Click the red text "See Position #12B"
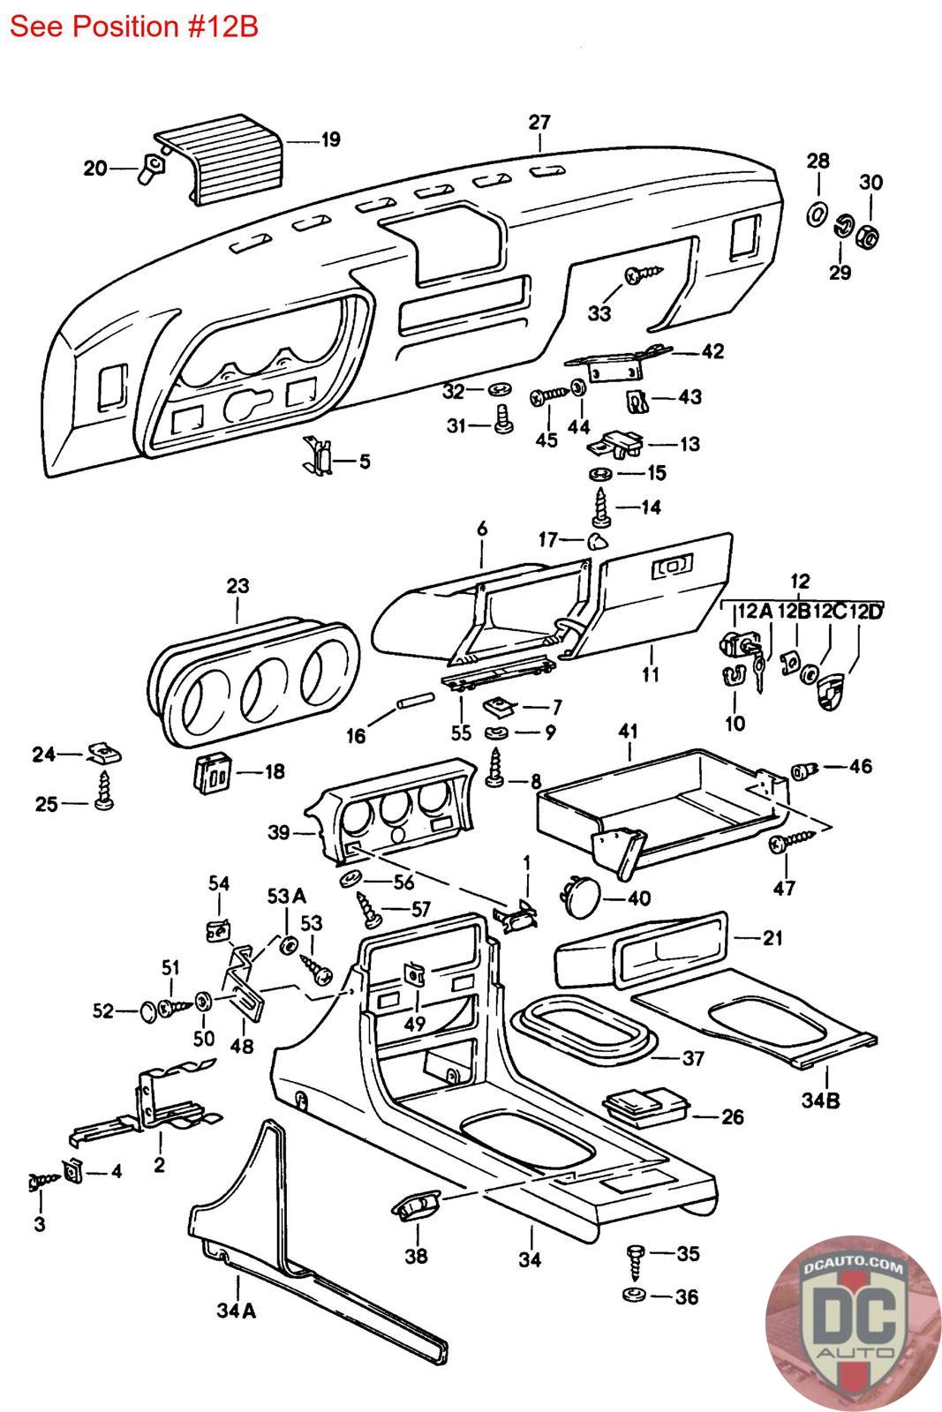[134, 26]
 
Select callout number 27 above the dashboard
[539, 122]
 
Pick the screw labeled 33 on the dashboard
[637, 277]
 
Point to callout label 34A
[236, 1311]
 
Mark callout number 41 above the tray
[629, 732]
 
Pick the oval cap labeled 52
[151, 1010]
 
